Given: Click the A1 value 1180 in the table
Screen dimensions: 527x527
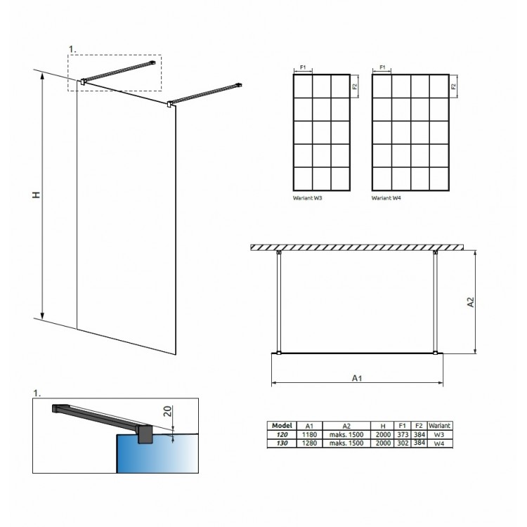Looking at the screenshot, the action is click(309, 434).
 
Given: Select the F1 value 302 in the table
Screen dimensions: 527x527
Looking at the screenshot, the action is click(403, 443).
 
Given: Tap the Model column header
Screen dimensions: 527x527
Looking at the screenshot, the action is click(282, 426).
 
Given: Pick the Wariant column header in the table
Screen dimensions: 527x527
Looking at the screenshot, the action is click(439, 426).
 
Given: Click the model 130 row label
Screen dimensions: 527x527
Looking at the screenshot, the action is click(282, 443).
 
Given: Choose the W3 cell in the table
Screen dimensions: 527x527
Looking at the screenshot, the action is click(439, 434).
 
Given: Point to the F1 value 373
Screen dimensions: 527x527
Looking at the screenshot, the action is click(403, 434).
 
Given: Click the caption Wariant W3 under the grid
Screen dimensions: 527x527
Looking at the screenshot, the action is click(307, 198).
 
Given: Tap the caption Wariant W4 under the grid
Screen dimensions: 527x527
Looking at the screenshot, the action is click(386, 198).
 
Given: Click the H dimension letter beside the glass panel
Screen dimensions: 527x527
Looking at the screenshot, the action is click(37, 195).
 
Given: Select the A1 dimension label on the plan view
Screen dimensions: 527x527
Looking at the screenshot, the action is click(357, 378).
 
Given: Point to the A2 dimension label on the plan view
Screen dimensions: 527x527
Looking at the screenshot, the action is click(471, 302).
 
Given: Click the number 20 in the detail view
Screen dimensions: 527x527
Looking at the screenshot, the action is click(168, 411).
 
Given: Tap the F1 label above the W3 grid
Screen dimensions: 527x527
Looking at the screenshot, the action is click(303, 67).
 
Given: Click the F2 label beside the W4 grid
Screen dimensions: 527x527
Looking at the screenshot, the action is click(454, 86).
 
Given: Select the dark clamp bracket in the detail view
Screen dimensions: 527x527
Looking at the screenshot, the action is click(145, 434).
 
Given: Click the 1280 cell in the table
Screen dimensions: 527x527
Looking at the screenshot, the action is click(309, 443).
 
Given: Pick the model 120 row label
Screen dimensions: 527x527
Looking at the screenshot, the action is click(282, 434).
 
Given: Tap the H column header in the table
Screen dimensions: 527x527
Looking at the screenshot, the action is click(383, 426).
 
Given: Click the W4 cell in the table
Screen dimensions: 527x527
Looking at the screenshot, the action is click(439, 443).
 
